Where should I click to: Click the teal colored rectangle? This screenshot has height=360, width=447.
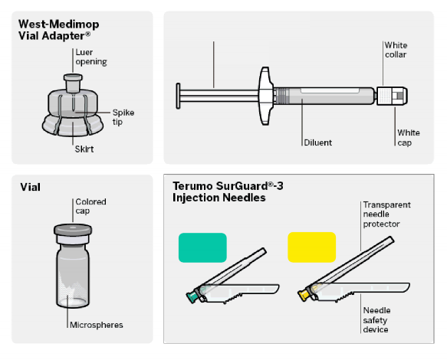pyautogui.click(x=202, y=247)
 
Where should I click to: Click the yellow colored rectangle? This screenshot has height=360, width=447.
pyautogui.click(x=311, y=247)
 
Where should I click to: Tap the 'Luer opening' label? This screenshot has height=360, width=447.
pyautogui.click(x=91, y=57)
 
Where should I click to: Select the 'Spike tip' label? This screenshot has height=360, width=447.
pyautogui.click(x=123, y=117)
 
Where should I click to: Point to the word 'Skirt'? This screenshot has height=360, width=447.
pyautogui.click(x=84, y=149)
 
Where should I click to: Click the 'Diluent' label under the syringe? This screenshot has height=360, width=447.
pyautogui.click(x=318, y=142)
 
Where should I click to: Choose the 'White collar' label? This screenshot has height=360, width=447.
pyautogui.click(x=396, y=50)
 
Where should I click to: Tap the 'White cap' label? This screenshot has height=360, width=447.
pyautogui.click(x=409, y=138)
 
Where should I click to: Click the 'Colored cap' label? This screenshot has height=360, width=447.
pyautogui.click(x=90, y=206)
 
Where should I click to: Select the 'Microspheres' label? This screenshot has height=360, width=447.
pyautogui.click(x=97, y=325)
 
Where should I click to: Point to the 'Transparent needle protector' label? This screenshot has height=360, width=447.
pyautogui.click(x=387, y=214)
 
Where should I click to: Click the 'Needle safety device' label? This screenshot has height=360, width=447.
pyautogui.click(x=376, y=320)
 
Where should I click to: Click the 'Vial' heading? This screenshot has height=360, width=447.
pyautogui.click(x=30, y=187)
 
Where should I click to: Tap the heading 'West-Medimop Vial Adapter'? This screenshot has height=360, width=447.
pyautogui.click(x=59, y=30)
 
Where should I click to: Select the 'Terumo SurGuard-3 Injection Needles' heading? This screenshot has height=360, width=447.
pyautogui.click(x=228, y=191)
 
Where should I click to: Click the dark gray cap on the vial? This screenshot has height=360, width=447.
pyautogui.click(x=73, y=230)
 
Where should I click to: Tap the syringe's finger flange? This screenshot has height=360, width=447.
pyautogui.click(x=265, y=96)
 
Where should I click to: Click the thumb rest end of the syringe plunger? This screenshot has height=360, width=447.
pyautogui.click(x=178, y=96)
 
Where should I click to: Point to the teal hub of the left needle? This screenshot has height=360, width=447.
pyautogui.click(x=192, y=296)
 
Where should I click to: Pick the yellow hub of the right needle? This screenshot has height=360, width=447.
pyautogui.click(x=304, y=294)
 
